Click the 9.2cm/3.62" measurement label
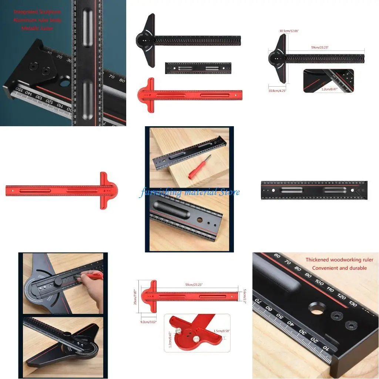148,322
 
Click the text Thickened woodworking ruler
339,260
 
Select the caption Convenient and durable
339,268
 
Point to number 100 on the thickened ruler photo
319,282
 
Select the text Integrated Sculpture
37,12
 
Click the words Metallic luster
37,28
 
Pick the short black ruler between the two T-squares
198,68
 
